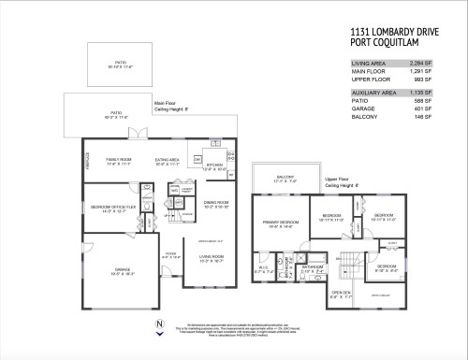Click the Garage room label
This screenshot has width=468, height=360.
coord(117,270)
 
